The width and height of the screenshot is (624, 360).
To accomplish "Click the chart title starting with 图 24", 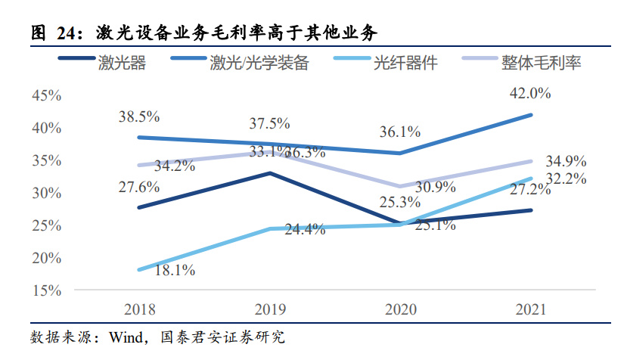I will (204, 32).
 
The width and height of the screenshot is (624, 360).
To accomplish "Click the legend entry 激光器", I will (121, 63).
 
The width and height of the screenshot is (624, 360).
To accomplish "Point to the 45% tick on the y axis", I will (45, 95).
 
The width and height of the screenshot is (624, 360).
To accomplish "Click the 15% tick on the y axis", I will (45, 290).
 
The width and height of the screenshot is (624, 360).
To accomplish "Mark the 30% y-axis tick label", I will (45, 193).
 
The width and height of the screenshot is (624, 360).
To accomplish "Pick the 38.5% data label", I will (139, 116).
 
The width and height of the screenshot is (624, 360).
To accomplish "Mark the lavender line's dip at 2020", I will (400, 186).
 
